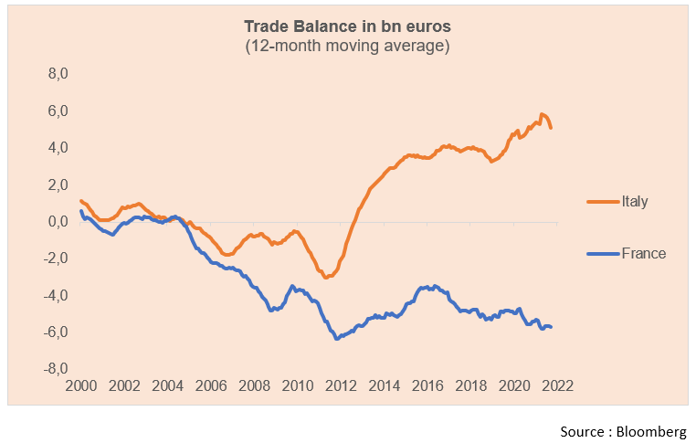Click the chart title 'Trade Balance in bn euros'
click(347, 26)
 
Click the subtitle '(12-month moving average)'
click(347, 46)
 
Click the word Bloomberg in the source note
click(654, 430)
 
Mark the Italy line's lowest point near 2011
click(327, 277)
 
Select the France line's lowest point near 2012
click(337, 339)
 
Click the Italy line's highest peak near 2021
click(543, 114)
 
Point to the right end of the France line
click(551, 327)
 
